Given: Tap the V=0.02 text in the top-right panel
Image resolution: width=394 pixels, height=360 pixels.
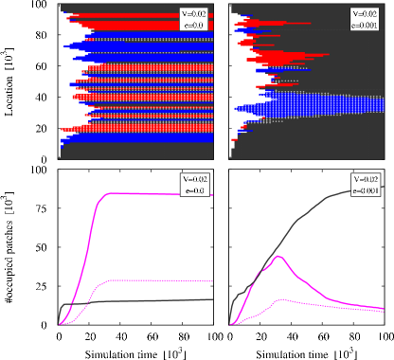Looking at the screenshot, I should [363, 13].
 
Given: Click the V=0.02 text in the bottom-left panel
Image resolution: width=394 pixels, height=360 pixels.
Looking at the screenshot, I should [196, 179].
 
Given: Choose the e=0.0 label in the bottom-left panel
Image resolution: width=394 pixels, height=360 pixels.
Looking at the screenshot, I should [196, 190].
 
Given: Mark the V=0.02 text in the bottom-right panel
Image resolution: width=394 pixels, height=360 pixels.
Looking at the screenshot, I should [366, 179].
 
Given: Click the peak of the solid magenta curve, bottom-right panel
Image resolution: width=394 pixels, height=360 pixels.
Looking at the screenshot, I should [278, 256].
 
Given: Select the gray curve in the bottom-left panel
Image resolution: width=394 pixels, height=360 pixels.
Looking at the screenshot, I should [142, 302].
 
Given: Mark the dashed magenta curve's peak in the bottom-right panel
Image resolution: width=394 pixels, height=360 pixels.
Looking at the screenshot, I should [278, 298].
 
